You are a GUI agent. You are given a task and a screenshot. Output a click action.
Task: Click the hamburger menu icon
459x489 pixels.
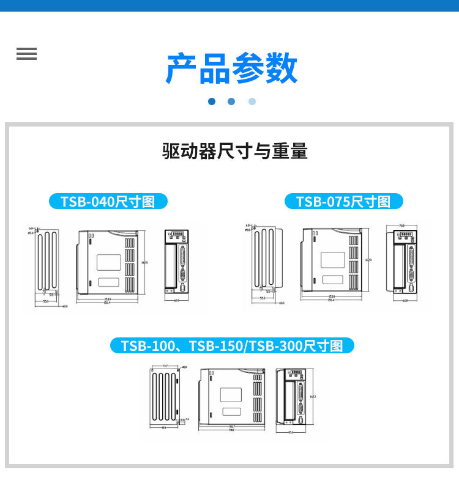(26, 54)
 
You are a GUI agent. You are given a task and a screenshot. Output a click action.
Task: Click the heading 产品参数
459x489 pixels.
(231, 68)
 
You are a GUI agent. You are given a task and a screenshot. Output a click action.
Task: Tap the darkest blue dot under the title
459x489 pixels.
(212, 101)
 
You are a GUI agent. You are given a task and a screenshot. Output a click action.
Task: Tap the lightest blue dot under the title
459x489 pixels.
(252, 101)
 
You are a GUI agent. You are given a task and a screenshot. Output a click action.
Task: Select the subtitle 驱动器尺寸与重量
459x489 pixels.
(234, 150)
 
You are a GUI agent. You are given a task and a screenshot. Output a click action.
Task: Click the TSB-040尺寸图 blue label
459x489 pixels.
(108, 201)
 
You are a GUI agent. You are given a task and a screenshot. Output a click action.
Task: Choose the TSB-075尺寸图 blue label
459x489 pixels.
(343, 202)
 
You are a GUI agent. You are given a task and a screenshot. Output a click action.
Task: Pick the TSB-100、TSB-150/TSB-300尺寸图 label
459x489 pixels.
(232, 345)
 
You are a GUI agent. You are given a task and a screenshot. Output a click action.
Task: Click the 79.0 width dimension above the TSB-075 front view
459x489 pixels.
(402, 226)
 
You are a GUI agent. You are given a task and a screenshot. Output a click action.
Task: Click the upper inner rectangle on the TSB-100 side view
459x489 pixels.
(231, 394)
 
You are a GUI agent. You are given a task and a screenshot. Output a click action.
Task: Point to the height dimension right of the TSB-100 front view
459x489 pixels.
(313, 397)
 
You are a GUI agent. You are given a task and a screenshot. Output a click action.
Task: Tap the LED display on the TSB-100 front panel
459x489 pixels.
(296, 372)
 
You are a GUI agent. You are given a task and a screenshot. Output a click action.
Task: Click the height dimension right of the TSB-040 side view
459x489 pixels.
(145, 263)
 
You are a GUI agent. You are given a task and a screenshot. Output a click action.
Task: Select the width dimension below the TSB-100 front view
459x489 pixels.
(291, 432)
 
